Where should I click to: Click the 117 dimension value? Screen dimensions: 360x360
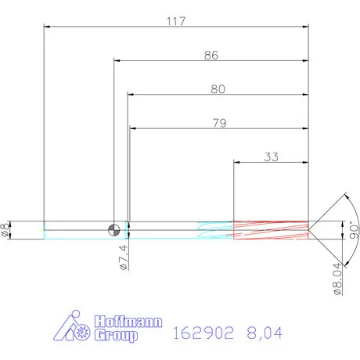tap(175, 22)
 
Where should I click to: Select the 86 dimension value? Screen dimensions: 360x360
tap(211, 56)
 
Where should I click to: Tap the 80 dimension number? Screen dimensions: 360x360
tap(218, 89)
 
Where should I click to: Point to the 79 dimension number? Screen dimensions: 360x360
tap(218, 122)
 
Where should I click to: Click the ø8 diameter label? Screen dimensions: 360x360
tap(8, 229)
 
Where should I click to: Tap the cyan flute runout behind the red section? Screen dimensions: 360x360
tap(214, 229)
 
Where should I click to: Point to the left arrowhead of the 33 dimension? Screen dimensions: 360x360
tap(238, 163)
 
